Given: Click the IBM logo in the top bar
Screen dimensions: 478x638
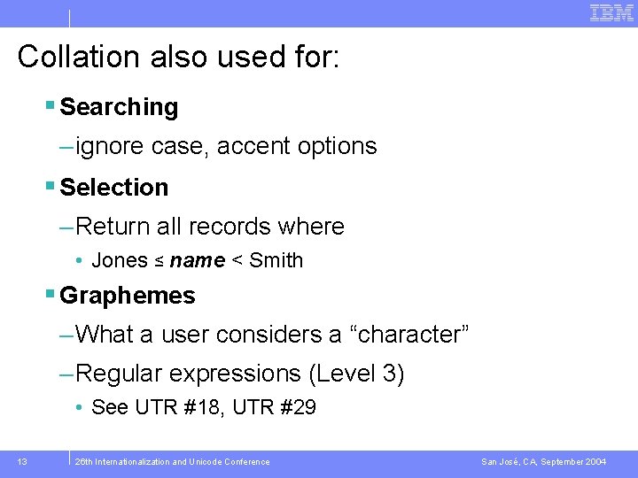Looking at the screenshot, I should coord(611,12).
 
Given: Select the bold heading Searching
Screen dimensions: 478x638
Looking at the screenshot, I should coord(119,107).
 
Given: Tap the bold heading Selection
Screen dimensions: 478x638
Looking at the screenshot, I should coord(113,188).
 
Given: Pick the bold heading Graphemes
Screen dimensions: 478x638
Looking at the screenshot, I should coord(127,296).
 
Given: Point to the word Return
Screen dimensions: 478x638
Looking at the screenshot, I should coord(113,227).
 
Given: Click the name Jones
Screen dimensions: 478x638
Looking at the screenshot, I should coord(120,261).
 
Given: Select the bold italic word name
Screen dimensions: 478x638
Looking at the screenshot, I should coord(197,261).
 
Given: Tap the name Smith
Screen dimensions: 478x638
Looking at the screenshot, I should coord(276,261).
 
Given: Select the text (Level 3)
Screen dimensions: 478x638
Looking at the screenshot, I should coord(356,374).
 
